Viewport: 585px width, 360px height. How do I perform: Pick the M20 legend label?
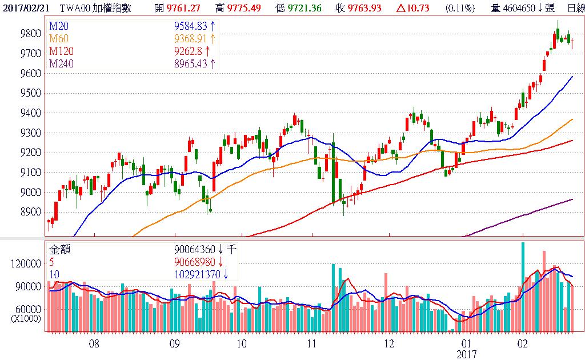[58, 26]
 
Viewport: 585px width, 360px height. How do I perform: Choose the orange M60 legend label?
[58, 39]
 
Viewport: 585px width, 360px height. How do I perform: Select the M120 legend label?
[61, 51]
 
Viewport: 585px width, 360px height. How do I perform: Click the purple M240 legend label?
[61, 64]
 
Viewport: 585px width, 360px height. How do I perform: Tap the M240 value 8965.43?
[190, 64]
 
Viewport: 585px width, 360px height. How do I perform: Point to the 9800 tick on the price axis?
[30, 34]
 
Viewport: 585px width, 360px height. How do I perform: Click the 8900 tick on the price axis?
[30, 212]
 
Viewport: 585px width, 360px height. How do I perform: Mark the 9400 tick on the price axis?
[30, 113]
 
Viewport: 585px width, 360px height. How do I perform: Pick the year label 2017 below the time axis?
[467, 354]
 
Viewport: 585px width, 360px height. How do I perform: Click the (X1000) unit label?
[26, 319]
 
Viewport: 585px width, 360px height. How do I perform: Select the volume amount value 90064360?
[195, 249]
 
